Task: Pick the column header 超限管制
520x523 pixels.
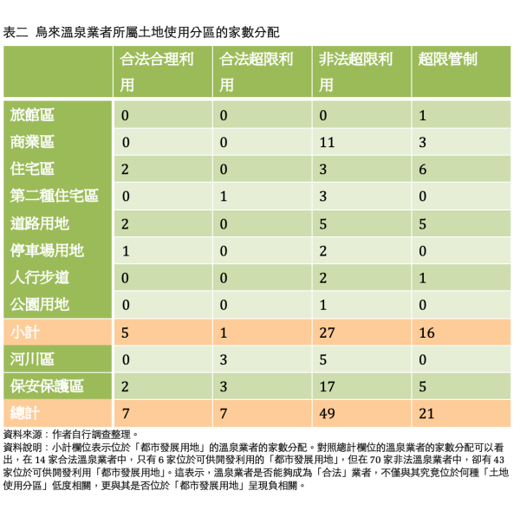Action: [x=447, y=60]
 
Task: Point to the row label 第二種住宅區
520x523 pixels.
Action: [x=54, y=197]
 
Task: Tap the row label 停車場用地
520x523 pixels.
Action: [x=47, y=251]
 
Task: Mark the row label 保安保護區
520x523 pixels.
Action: [x=47, y=386]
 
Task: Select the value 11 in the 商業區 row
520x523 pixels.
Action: [x=327, y=142]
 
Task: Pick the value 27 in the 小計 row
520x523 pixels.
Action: [x=328, y=333]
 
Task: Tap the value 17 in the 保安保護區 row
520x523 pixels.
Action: [x=328, y=386]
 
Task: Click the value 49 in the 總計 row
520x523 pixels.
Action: [x=328, y=414]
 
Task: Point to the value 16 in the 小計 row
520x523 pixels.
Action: [x=426, y=333]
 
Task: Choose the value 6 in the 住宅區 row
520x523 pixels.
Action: [x=423, y=170]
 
